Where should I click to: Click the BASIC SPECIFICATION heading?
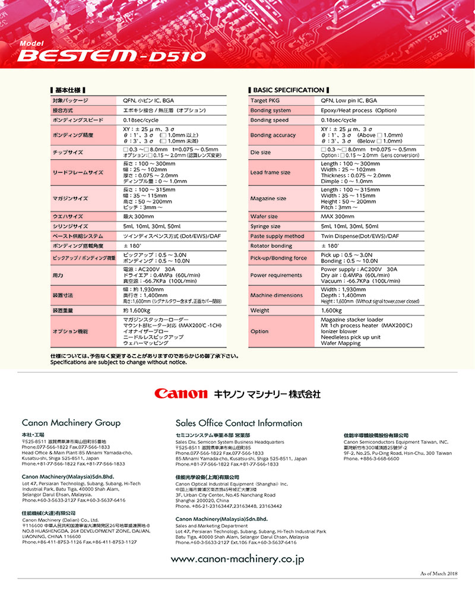(289, 90)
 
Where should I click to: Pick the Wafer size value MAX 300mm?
(337, 217)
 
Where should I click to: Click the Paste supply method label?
(277, 236)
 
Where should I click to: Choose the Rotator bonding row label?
(271, 245)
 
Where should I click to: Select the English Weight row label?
(260, 310)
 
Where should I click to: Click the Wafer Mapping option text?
(340, 343)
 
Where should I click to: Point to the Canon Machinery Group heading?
(71, 423)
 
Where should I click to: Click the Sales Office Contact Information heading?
(239, 423)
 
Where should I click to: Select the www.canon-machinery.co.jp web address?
(237, 559)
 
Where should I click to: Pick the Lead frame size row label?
(271, 172)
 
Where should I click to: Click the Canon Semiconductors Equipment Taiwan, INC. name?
(395, 443)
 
